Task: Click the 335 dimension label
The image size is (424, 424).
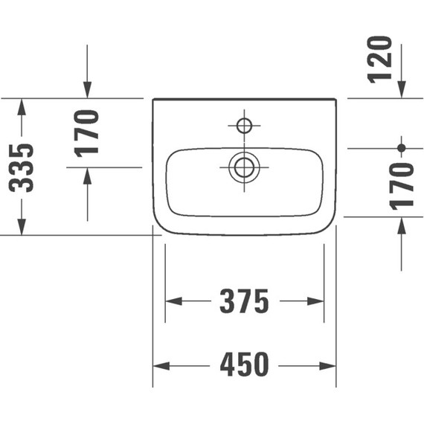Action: coord(25,167)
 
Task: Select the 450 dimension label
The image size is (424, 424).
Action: coord(244,365)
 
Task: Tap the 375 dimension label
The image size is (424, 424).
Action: coord(244,301)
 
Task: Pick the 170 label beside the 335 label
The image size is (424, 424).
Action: coord(88,132)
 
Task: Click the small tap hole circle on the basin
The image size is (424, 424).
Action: coord(244,123)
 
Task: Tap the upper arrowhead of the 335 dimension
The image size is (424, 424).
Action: coord(22,106)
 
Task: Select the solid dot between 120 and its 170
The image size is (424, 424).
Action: coord(402,148)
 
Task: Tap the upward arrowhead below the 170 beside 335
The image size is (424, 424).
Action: coord(88,176)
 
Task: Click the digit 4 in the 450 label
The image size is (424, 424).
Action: coord(226,365)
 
